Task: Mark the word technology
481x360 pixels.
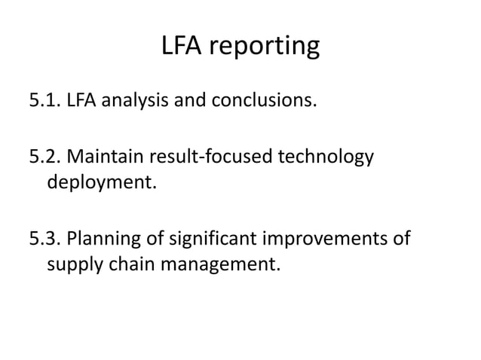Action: click(x=326, y=159)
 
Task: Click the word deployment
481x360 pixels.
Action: click(x=101, y=183)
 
